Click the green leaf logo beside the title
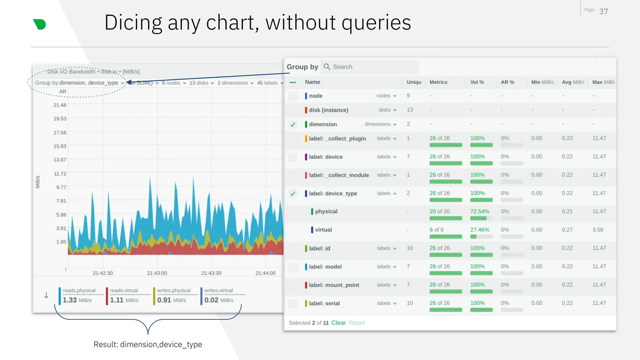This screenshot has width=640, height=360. tap(40, 24)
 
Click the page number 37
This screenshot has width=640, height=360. tap(603, 12)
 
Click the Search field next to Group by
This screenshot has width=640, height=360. tap(372, 67)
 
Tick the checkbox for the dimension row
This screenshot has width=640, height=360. tap(293, 124)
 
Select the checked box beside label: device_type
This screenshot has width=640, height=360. tap(293, 194)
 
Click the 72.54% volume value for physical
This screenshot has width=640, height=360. tap(480, 212)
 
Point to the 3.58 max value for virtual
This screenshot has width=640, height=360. tap(598, 230)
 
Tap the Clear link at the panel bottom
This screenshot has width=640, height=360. tap(338, 323)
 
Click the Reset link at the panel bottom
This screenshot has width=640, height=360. tap(357, 323)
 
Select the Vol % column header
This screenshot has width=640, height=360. tap(477, 82)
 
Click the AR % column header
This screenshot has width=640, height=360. tap(507, 82)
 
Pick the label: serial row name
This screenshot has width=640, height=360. tap(324, 303)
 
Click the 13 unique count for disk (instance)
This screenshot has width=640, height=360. tap(410, 110)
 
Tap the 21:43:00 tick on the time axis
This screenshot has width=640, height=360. tap(157, 273)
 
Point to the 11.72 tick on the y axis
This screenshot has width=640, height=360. tap(60, 174)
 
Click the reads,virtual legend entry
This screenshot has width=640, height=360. tap(124, 291)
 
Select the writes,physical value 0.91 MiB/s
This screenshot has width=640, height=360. tap(172, 300)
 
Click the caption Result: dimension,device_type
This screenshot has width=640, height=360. tap(148, 344)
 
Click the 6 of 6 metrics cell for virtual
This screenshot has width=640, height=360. tap(436, 230)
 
